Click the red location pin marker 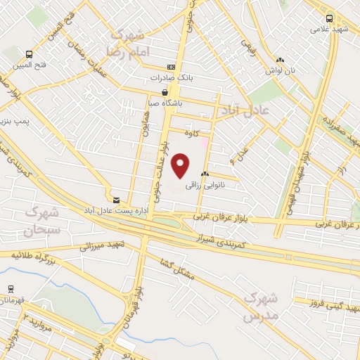[x=182, y=166]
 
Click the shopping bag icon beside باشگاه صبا [x=165, y=91]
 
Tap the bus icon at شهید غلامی [x=330, y=19]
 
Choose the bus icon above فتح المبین [x=29, y=54]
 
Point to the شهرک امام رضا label [x=126, y=43]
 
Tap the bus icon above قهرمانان [x=11, y=289]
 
